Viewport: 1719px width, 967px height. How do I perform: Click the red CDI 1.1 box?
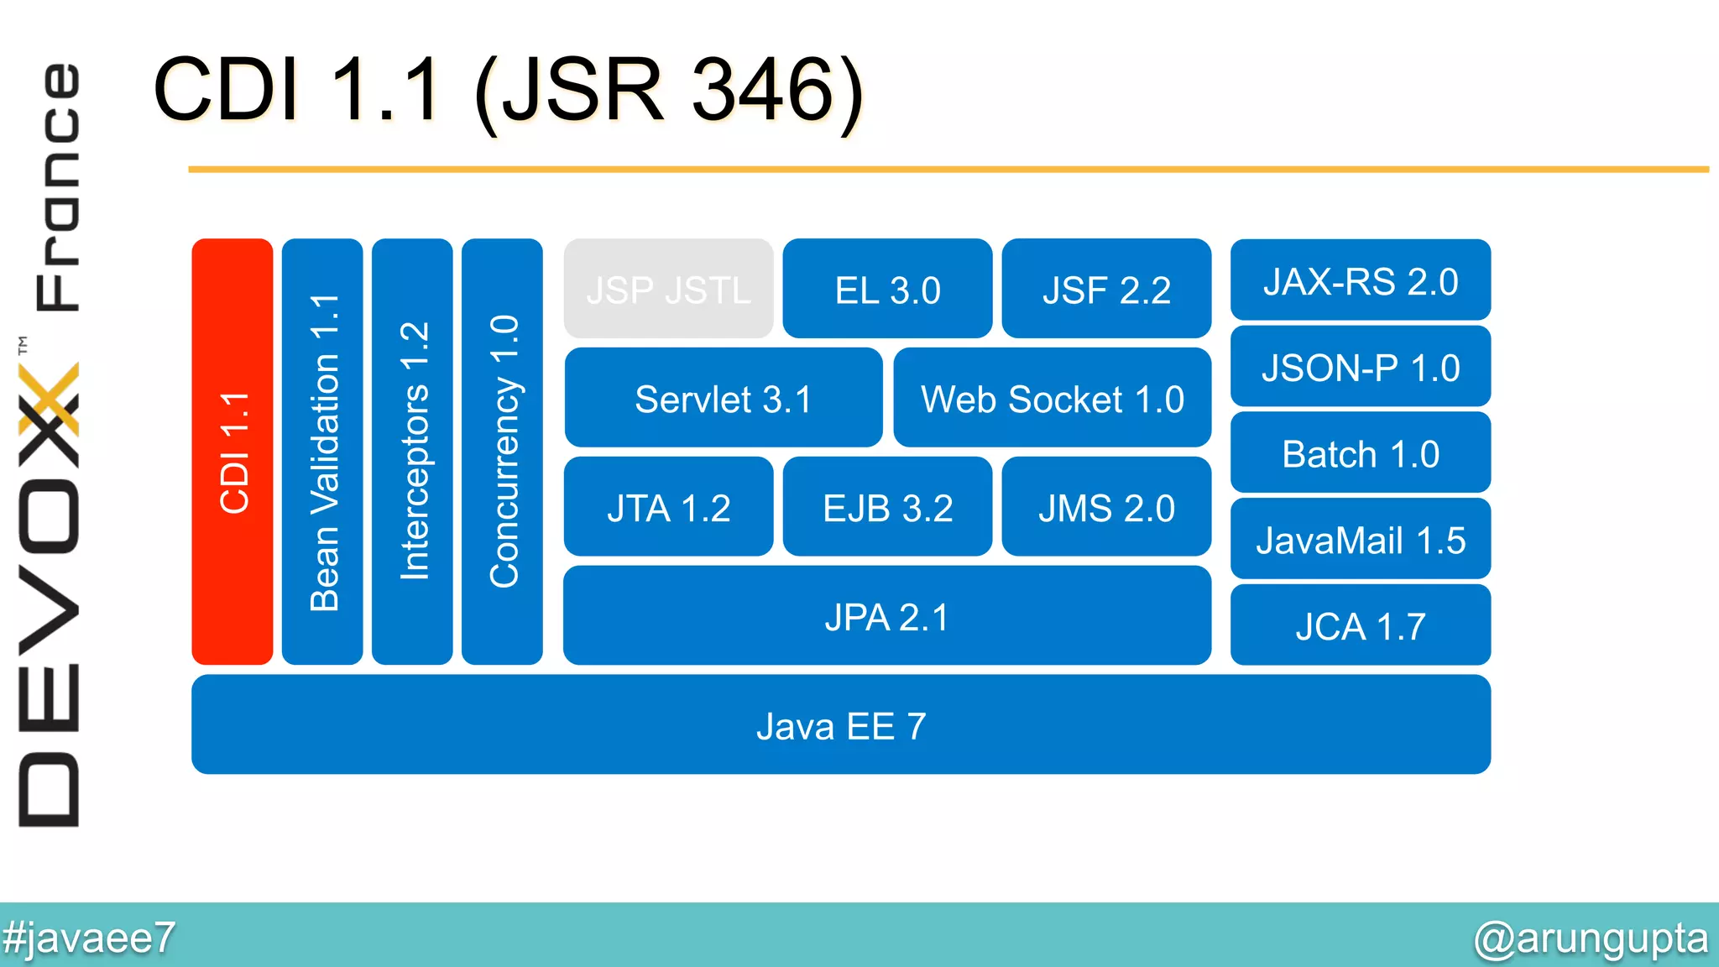pos(233,452)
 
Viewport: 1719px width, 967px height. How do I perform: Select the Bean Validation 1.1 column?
pos(322,452)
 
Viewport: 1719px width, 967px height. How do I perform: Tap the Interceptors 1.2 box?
pos(412,452)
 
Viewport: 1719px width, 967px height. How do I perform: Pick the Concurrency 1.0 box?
pos(502,452)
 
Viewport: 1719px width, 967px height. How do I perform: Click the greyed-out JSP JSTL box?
pos(668,289)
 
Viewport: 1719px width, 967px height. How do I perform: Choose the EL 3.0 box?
pos(887,289)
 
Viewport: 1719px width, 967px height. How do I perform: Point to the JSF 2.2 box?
pos(1106,289)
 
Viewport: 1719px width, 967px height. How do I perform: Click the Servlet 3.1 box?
pos(723,398)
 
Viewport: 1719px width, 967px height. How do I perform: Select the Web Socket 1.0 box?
pos(1052,398)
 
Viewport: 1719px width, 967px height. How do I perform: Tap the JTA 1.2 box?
pos(668,507)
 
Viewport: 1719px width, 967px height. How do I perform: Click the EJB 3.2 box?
pos(887,507)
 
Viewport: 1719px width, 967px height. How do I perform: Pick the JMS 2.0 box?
pos(1106,507)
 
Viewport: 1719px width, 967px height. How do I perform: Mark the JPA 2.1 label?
pos(886,617)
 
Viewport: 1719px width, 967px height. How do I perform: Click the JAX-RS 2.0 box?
pos(1360,280)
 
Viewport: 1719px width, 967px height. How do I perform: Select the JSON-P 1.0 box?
pos(1360,367)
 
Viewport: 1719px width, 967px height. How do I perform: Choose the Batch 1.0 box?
pos(1360,453)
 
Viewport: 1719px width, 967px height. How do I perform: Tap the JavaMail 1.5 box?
pos(1360,540)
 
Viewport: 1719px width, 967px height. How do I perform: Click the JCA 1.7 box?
pos(1360,626)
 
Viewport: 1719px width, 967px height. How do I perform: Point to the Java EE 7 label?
pos(840,726)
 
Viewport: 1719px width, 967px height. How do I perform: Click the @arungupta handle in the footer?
pos(1590,938)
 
